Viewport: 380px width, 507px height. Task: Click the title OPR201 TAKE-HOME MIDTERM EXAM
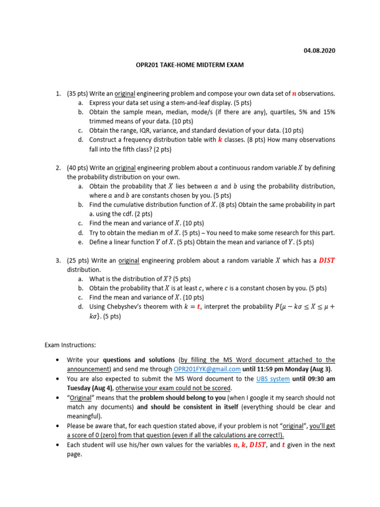(190, 65)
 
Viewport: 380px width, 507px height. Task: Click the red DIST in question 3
(327, 260)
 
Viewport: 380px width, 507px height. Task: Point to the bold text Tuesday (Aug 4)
(90, 388)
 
